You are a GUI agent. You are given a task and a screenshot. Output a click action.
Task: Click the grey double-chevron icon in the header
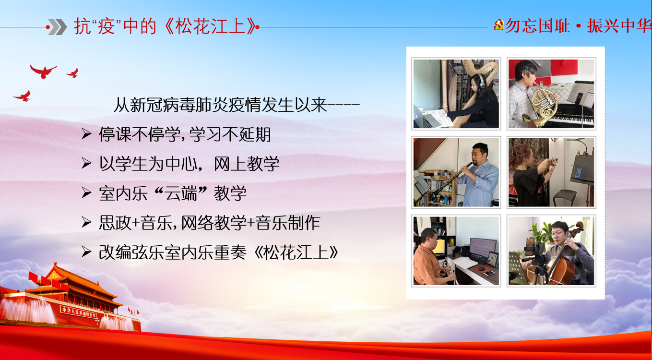pyautogui.click(x=58, y=27)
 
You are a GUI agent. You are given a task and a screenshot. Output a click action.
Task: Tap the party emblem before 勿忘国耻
pyautogui.click(x=499, y=25)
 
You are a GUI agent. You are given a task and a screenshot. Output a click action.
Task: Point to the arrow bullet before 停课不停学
pyautogui.click(x=87, y=134)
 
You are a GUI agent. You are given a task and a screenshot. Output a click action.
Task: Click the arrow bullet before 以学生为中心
pyautogui.click(x=87, y=163)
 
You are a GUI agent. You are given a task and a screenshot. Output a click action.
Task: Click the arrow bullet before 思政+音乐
pyautogui.click(x=87, y=223)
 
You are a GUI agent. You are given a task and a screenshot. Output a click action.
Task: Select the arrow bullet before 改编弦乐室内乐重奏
pyautogui.click(x=87, y=252)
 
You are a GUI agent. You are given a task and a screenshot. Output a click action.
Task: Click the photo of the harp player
pyautogui.click(x=456, y=94)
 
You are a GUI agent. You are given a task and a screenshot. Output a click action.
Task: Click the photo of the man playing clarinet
pyautogui.click(x=456, y=172)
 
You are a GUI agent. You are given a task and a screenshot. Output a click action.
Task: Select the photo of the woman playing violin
pyautogui.click(x=551, y=172)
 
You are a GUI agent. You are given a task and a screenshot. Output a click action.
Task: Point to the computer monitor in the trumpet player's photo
pyautogui.click(x=483, y=248)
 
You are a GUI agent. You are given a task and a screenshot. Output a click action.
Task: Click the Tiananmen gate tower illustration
pyautogui.click(x=70, y=297)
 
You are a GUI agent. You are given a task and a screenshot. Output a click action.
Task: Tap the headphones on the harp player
pyautogui.click(x=480, y=81)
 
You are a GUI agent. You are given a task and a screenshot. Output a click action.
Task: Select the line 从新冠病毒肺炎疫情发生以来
pyautogui.click(x=220, y=105)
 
